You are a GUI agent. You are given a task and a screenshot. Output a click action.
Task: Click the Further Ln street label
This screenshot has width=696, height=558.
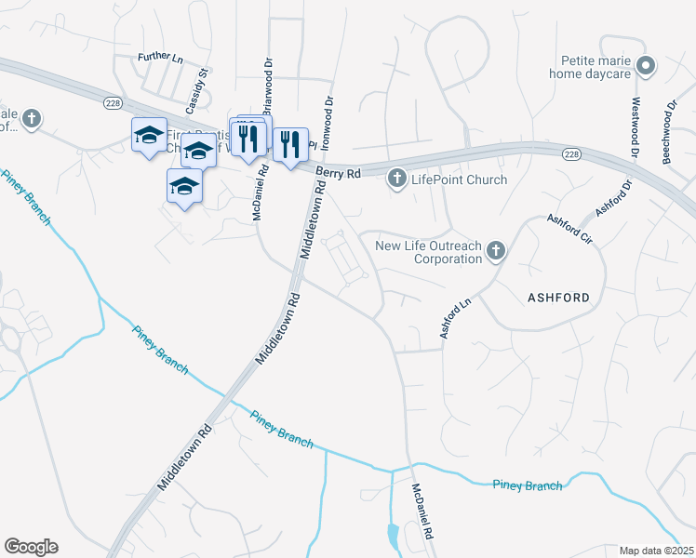coord(159,58)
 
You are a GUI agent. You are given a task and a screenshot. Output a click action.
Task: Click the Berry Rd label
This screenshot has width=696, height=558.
coord(337,172)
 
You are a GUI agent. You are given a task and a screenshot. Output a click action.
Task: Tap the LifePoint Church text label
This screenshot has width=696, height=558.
coord(460,179)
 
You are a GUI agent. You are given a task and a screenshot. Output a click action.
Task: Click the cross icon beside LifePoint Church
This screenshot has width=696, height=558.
coord(397,177)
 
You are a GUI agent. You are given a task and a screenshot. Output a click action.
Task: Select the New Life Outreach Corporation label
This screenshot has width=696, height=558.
coord(428,252)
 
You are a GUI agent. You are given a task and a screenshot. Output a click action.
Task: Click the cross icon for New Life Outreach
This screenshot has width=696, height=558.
coord(496,249)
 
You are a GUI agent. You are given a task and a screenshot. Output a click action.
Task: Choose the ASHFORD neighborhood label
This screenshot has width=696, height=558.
coord(558,298)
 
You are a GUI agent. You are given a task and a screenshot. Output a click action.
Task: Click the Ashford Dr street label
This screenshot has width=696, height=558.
coord(613,197)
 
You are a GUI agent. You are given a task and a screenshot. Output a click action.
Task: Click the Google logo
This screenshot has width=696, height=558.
coord(31,547)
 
